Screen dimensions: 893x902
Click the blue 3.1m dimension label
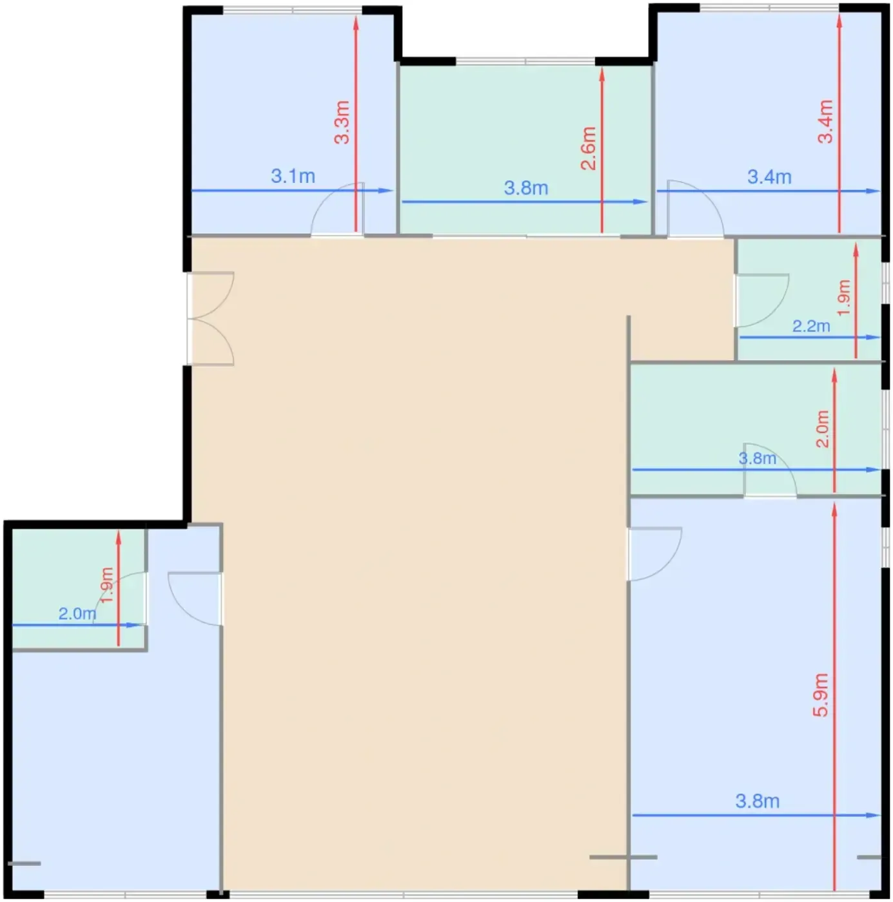click(293, 177)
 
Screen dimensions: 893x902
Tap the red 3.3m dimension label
click(342, 122)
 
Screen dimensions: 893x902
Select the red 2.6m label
click(588, 148)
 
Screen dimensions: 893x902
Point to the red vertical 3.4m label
click(825, 121)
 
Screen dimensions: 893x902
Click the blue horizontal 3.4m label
click(769, 177)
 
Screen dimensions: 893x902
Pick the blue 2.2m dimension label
click(811, 326)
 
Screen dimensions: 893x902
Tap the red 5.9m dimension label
click(820, 695)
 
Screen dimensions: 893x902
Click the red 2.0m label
click(823, 428)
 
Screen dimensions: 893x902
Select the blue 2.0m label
click(77, 613)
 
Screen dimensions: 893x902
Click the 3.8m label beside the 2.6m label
click(525, 188)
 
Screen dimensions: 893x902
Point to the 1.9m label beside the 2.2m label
click(843, 298)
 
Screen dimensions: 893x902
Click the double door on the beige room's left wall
click(210, 318)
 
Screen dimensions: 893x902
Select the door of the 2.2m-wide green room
click(762, 300)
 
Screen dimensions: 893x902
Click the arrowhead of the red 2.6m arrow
click(602, 75)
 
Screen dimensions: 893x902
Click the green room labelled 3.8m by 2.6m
click(525, 149)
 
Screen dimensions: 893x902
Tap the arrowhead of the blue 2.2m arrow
click(873, 337)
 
